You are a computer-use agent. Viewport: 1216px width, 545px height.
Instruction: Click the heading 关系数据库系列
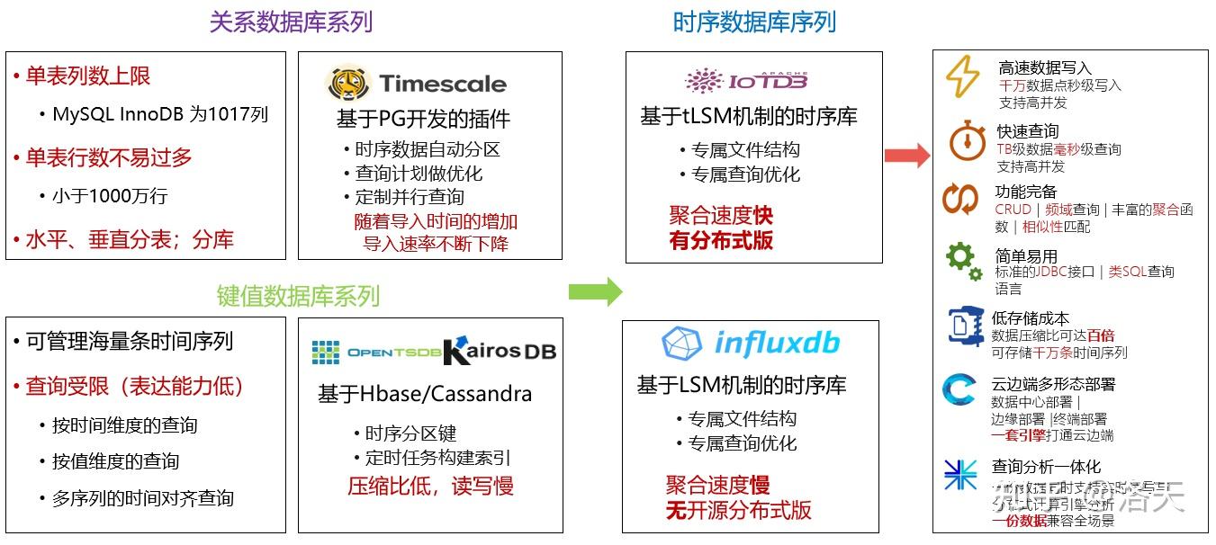[x=291, y=22]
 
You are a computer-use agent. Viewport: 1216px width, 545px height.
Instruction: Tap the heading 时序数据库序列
[x=754, y=22]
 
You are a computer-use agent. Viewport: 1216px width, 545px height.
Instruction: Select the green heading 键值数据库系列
[x=298, y=296]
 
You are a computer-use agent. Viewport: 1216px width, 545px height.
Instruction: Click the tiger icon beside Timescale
[x=347, y=84]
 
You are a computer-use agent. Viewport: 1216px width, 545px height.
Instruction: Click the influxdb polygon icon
[x=681, y=344]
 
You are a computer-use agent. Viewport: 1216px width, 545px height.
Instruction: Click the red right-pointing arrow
[x=906, y=156]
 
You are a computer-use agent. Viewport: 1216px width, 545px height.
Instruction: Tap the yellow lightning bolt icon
[x=962, y=77]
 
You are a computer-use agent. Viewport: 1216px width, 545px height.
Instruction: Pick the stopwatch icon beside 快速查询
[x=967, y=142]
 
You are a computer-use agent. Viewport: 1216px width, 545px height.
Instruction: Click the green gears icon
[x=962, y=262]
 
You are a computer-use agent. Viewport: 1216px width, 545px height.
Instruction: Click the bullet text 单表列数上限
[x=87, y=77]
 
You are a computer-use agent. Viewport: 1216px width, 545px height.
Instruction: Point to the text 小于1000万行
[x=109, y=196]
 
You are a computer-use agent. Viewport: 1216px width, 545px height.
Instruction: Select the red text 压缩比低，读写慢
[x=430, y=487]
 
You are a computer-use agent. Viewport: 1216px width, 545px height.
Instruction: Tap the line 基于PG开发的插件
[x=423, y=119]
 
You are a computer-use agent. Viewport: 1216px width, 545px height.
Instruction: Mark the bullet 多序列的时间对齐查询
[x=142, y=498]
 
